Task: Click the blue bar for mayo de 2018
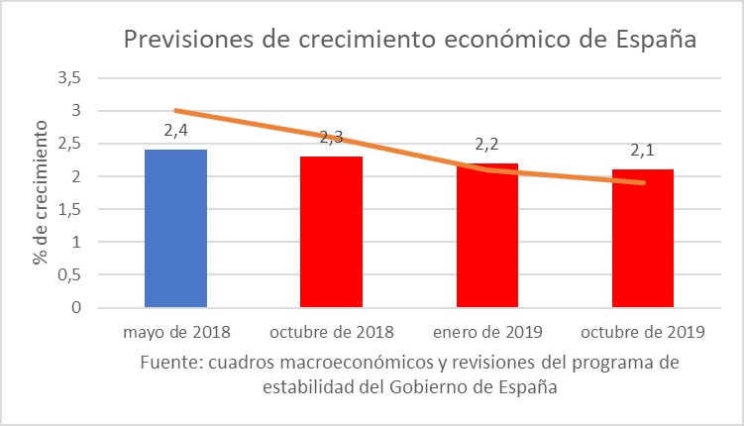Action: tap(175, 229)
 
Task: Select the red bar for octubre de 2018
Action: tap(331, 232)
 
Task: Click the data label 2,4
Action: tap(175, 130)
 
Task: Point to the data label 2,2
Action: tap(486, 145)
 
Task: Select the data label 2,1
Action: tap(642, 151)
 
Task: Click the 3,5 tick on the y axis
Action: tap(70, 78)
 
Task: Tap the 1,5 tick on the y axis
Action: tap(70, 209)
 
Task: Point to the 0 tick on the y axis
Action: tap(76, 308)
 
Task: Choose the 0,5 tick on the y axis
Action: tap(70, 274)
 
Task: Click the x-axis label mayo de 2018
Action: tap(175, 331)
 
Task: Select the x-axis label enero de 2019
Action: tap(486, 331)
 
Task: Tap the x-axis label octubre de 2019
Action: tap(642, 331)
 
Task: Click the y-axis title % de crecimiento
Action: tap(42, 192)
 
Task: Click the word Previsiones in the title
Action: tap(185, 41)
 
